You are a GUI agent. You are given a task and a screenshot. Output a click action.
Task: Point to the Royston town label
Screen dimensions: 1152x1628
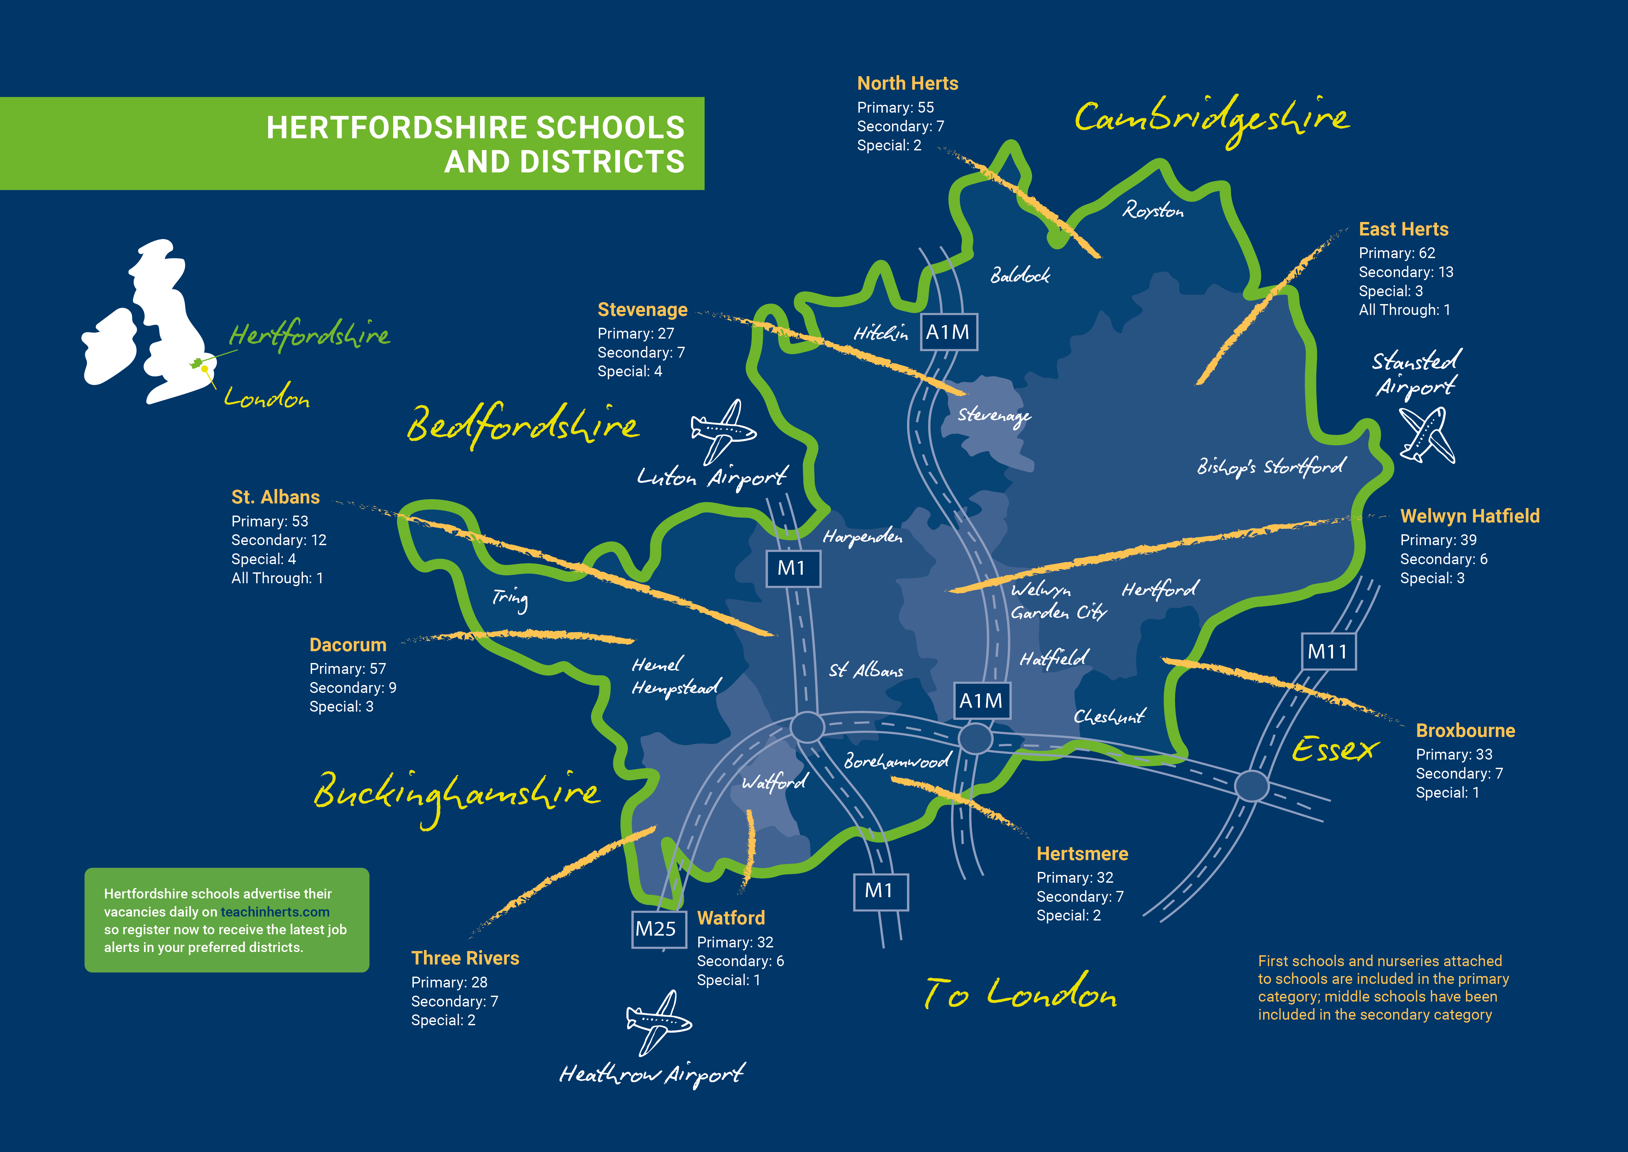pos(1153,210)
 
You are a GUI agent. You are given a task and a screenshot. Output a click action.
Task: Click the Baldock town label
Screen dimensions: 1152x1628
pos(1020,275)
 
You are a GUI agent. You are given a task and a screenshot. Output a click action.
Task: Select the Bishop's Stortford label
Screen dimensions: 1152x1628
pos(1271,466)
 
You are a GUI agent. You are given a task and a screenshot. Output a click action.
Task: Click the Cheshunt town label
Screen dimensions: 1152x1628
pos(1109,717)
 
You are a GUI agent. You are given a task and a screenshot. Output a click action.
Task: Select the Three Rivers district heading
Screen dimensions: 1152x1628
pos(465,958)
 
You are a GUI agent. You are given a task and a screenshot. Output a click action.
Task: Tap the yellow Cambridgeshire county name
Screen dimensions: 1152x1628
pos(1211,119)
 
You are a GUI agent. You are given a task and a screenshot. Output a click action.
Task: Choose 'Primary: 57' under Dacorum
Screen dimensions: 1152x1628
pos(348,669)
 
